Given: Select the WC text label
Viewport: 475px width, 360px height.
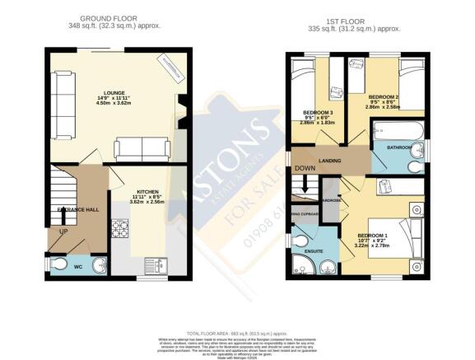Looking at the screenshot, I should click(x=79, y=264).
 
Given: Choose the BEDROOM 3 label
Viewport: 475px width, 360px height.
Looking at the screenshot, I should click(x=319, y=112).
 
